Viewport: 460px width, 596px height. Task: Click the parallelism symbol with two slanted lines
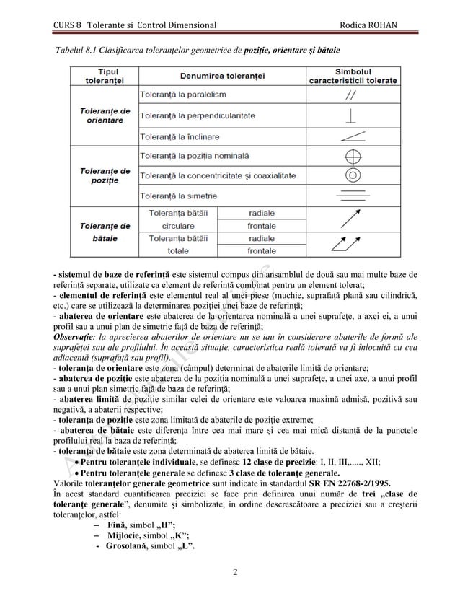coord(351,94)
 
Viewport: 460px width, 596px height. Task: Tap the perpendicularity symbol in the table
coord(351,115)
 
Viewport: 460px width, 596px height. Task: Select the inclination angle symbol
coord(351,136)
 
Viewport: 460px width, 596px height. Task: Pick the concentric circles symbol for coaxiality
coord(351,175)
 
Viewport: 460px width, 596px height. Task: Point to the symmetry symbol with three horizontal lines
coord(351,196)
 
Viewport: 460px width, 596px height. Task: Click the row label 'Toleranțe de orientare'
coord(104,115)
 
